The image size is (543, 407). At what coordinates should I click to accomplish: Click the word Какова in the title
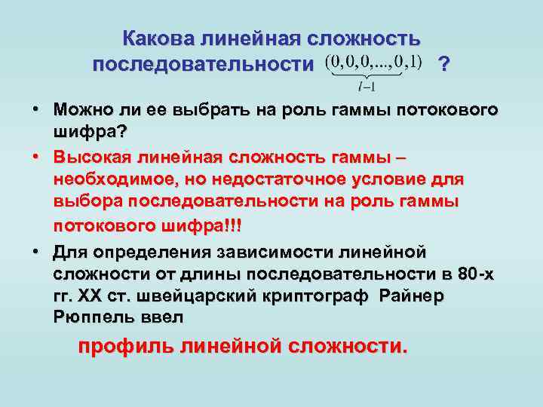[159, 38]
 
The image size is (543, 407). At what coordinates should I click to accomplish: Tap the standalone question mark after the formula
[445, 64]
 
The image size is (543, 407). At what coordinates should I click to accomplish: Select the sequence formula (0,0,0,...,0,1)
[373, 60]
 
